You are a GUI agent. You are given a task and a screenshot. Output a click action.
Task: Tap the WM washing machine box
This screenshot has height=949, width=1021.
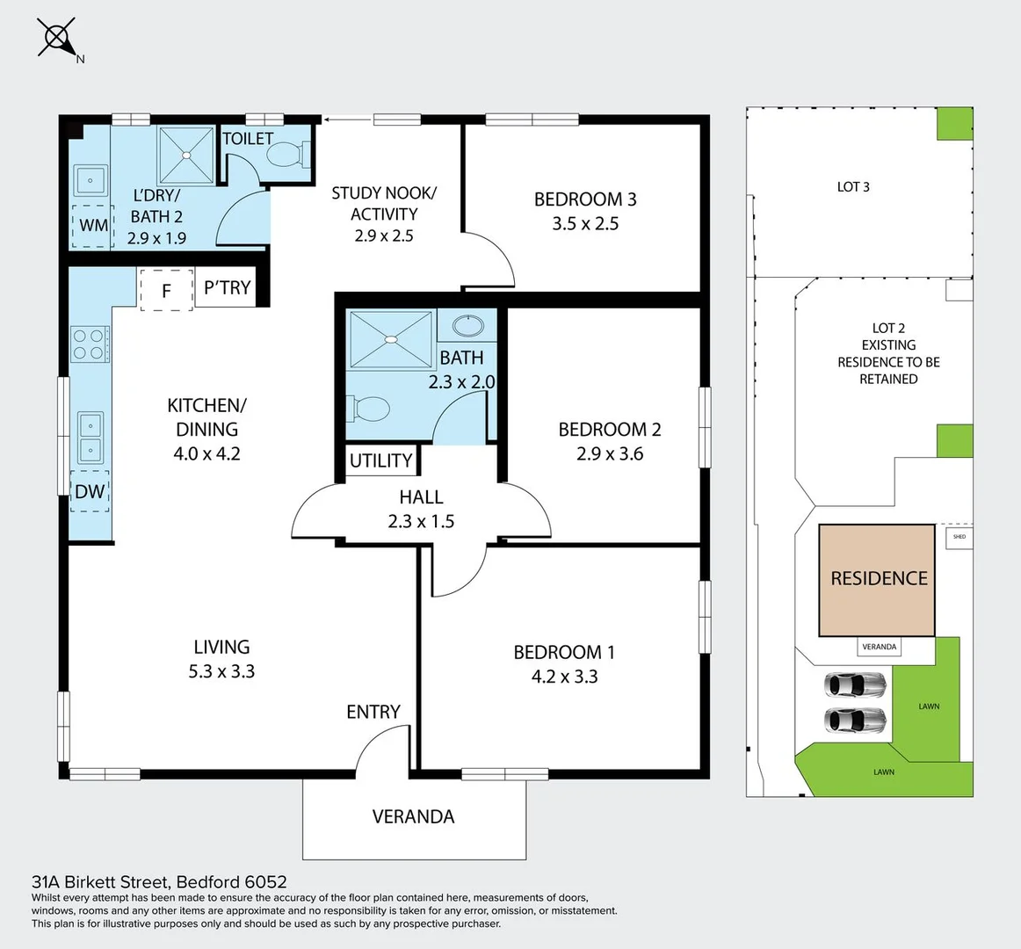pyautogui.click(x=92, y=225)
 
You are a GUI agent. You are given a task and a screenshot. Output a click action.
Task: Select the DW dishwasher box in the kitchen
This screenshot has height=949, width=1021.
pyautogui.click(x=89, y=491)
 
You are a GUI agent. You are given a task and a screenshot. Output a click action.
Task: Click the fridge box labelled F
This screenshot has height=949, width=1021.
pyautogui.click(x=166, y=290)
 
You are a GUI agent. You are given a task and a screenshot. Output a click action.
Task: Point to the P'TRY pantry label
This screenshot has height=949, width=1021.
pyautogui.click(x=227, y=287)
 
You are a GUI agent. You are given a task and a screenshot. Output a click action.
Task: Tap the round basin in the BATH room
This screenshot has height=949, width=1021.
pyautogui.click(x=467, y=327)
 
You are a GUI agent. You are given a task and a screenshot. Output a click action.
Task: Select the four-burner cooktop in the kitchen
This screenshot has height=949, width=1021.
pyautogui.click(x=90, y=344)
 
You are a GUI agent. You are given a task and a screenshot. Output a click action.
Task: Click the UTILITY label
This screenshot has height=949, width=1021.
pyautogui.click(x=380, y=460)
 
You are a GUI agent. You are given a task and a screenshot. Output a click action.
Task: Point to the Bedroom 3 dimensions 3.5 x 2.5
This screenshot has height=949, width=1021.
pyautogui.click(x=585, y=223)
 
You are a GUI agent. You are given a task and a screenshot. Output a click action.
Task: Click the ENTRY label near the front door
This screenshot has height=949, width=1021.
pyautogui.click(x=373, y=712)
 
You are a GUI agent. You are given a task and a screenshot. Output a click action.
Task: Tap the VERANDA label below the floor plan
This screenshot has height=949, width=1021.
pyautogui.click(x=414, y=816)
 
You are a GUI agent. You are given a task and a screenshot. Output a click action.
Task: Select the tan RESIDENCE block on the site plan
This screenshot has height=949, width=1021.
pyautogui.click(x=877, y=579)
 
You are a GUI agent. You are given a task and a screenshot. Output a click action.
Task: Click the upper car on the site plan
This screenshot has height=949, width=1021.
pyautogui.click(x=855, y=684)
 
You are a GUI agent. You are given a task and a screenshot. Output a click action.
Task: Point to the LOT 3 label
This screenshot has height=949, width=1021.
pyautogui.click(x=853, y=186)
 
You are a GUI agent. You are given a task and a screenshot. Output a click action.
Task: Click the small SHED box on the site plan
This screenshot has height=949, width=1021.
pyautogui.click(x=959, y=537)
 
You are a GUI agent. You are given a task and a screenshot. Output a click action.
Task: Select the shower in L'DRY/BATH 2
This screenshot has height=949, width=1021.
pyautogui.click(x=186, y=156)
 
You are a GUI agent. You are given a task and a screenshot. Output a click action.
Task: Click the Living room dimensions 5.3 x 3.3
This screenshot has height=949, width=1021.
pyautogui.click(x=221, y=671)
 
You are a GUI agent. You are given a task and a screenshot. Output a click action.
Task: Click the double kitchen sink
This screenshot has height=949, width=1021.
pyautogui.click(x=90, y=438)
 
